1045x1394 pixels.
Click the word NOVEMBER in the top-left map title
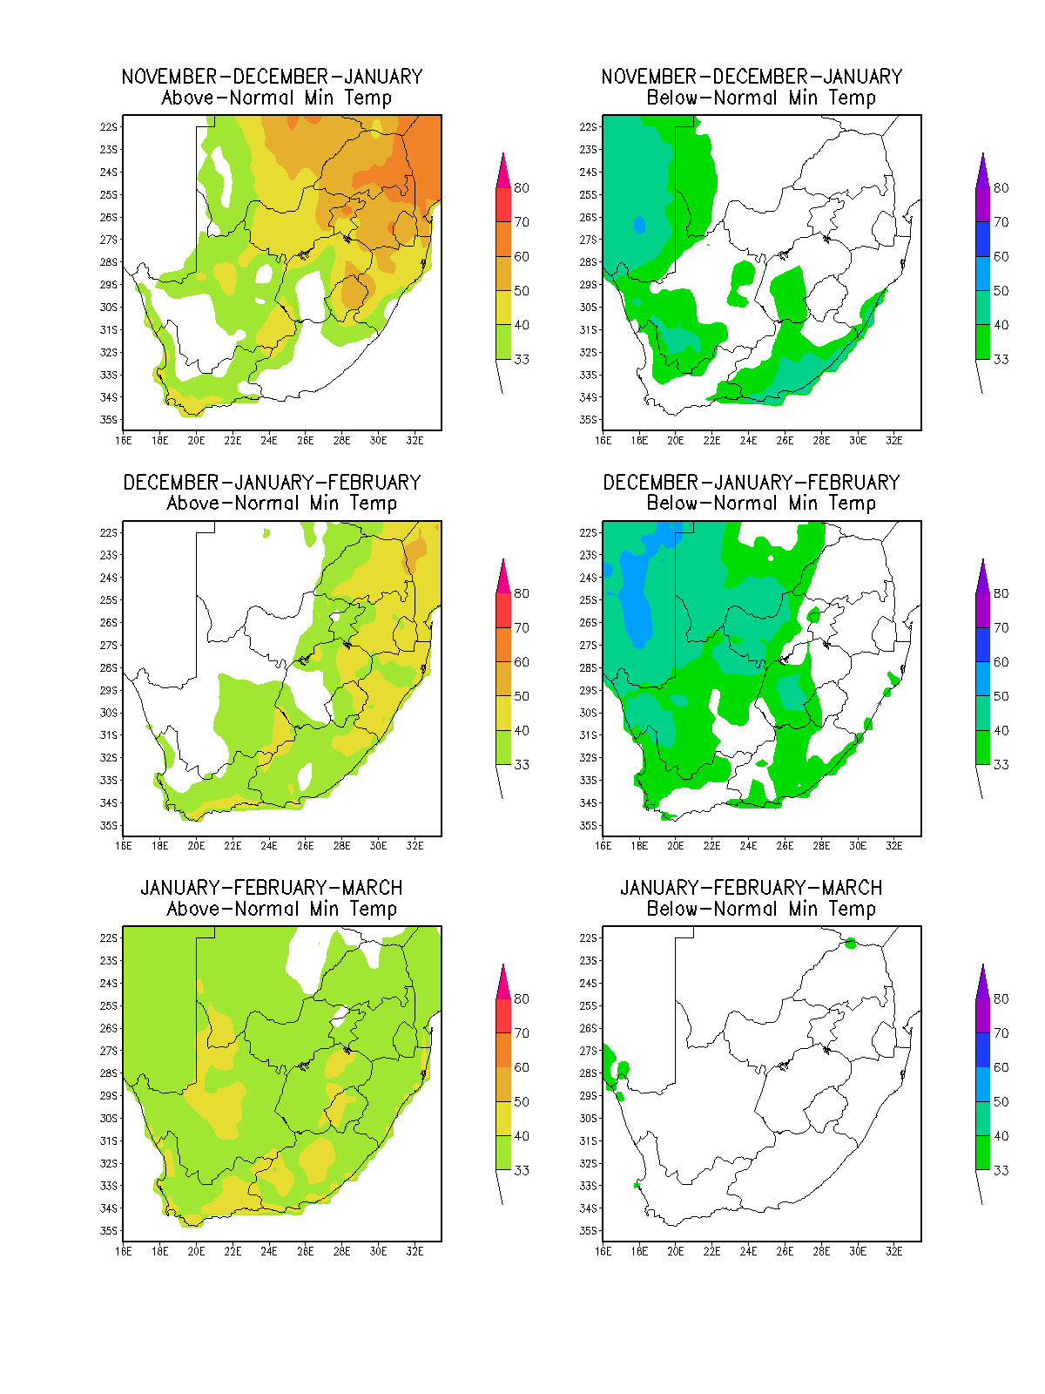(170, 77)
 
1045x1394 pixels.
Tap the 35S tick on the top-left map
(109, 420)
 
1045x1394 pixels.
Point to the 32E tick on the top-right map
(894, 440)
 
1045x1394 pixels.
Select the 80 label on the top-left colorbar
(521, 188)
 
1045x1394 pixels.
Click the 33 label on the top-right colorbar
(1001, 360)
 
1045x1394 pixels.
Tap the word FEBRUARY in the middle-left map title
(374, 483)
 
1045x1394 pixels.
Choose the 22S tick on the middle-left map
(109, 532)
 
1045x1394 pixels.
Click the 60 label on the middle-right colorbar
(1001, 662)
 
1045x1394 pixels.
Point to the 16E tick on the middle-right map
(603, 845)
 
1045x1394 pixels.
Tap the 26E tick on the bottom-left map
(305, 1250)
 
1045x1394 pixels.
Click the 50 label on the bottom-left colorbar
(521, 1101)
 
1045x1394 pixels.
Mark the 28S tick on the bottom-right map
(588, 1073)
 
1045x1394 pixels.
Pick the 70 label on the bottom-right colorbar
(1001, 1032)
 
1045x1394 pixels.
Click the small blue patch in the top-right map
(639, 225)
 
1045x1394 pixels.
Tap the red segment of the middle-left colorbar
(503, 611)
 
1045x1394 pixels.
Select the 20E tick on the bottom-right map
(675, 1250)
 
